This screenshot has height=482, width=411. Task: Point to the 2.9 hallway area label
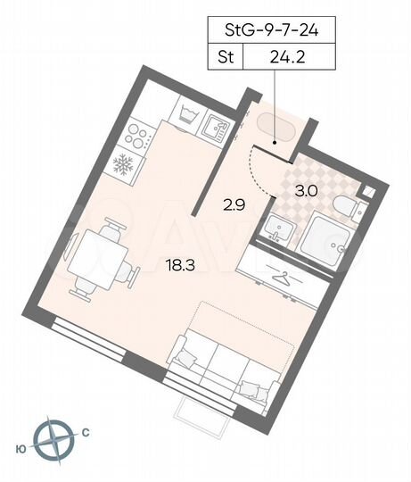pyautogui.click(x=233, y=204)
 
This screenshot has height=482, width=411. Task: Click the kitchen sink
pyautogui.click(x=216, y=128)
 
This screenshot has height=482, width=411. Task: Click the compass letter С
pyautogui.click(x=86, y=434)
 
